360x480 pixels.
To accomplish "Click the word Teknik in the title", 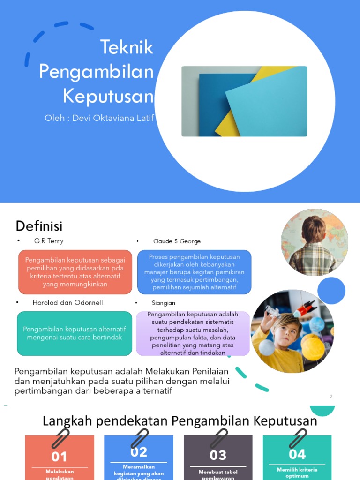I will click(x=127, y=48).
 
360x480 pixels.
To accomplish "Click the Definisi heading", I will click(x=39, y=226).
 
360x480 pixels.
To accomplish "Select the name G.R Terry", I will click(x=49, y=241).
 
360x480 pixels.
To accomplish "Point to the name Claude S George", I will click(x=177, y=241).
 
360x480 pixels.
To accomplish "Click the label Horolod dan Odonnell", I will click(x=67, y=303).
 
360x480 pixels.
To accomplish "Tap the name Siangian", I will click(x=164, y=303).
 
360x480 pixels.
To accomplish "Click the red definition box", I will click(x=75, y=272).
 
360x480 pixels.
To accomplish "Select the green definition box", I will click(x=75, y=333).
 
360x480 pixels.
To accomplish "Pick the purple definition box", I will click(x=193, y=333).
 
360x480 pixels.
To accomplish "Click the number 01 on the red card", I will click(x=60, y=456).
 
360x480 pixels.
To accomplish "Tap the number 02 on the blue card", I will click(x=139, y=452).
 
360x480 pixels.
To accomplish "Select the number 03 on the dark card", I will click(x=218, y=455).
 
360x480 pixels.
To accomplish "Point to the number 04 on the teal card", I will click(x=297, y=454).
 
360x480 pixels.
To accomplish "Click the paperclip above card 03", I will click(x=218, y=437).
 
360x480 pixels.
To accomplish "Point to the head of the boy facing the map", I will click(x=313, y=228).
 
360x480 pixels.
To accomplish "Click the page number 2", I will click(x=331, y=397).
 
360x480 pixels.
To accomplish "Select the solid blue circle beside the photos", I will click(x=331, y=291).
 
